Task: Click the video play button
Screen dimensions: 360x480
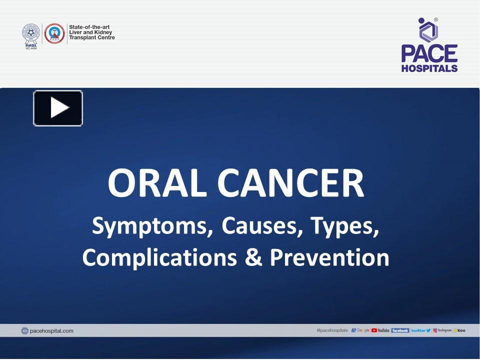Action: [58, 108]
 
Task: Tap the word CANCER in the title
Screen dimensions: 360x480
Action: [290, 183]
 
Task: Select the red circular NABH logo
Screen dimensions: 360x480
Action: [54, 33]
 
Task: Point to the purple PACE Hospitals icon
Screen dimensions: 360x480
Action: [428, 30]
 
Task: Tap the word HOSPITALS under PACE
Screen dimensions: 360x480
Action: [429, 68]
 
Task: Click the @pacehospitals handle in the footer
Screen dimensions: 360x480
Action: [332, 330]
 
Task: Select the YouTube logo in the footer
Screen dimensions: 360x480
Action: [380, 330]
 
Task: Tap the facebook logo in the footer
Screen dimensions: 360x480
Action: [400, 330]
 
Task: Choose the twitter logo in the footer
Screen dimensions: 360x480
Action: [420, 330]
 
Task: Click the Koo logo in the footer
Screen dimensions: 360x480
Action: [459, 330]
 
